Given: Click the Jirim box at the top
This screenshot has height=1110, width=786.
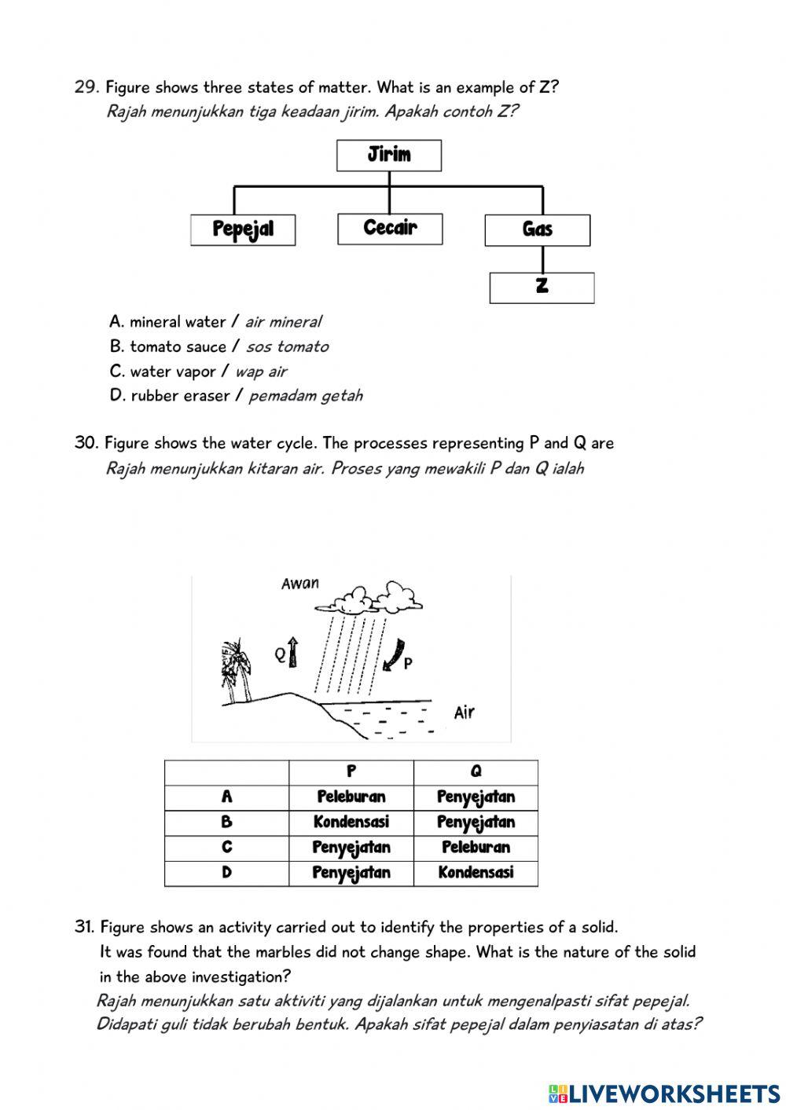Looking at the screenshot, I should [389, 155].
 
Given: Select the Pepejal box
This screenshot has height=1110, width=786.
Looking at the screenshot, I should [243, 230].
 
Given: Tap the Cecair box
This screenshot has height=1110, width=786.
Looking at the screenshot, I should [390, 229].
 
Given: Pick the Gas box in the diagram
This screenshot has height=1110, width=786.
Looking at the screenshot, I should [538, 230].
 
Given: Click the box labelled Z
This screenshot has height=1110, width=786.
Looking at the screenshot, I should [542, 288].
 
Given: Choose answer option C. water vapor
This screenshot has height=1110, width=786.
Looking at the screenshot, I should [198, 371].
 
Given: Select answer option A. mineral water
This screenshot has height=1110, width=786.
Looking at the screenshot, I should [215, 321].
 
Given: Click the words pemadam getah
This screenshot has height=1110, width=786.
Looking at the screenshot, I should [306, 396].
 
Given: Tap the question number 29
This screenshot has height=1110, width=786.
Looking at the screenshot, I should [85, 87].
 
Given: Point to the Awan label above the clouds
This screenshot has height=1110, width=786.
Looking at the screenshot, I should [300, 583].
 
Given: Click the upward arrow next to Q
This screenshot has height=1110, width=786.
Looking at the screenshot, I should [293, 651].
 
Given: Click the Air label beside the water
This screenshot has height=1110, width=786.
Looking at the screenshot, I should [465, 713].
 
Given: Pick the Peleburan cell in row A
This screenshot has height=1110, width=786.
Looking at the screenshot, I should [351, 797].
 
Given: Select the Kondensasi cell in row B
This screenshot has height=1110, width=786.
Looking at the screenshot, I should [351, 822].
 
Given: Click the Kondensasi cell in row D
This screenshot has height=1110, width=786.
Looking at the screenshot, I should [476, 873].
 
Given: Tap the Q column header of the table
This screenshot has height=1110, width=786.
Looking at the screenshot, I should [476, 771].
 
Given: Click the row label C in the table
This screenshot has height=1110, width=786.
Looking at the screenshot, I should [227, 848].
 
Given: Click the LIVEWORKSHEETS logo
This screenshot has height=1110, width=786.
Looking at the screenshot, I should [664, 1093].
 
